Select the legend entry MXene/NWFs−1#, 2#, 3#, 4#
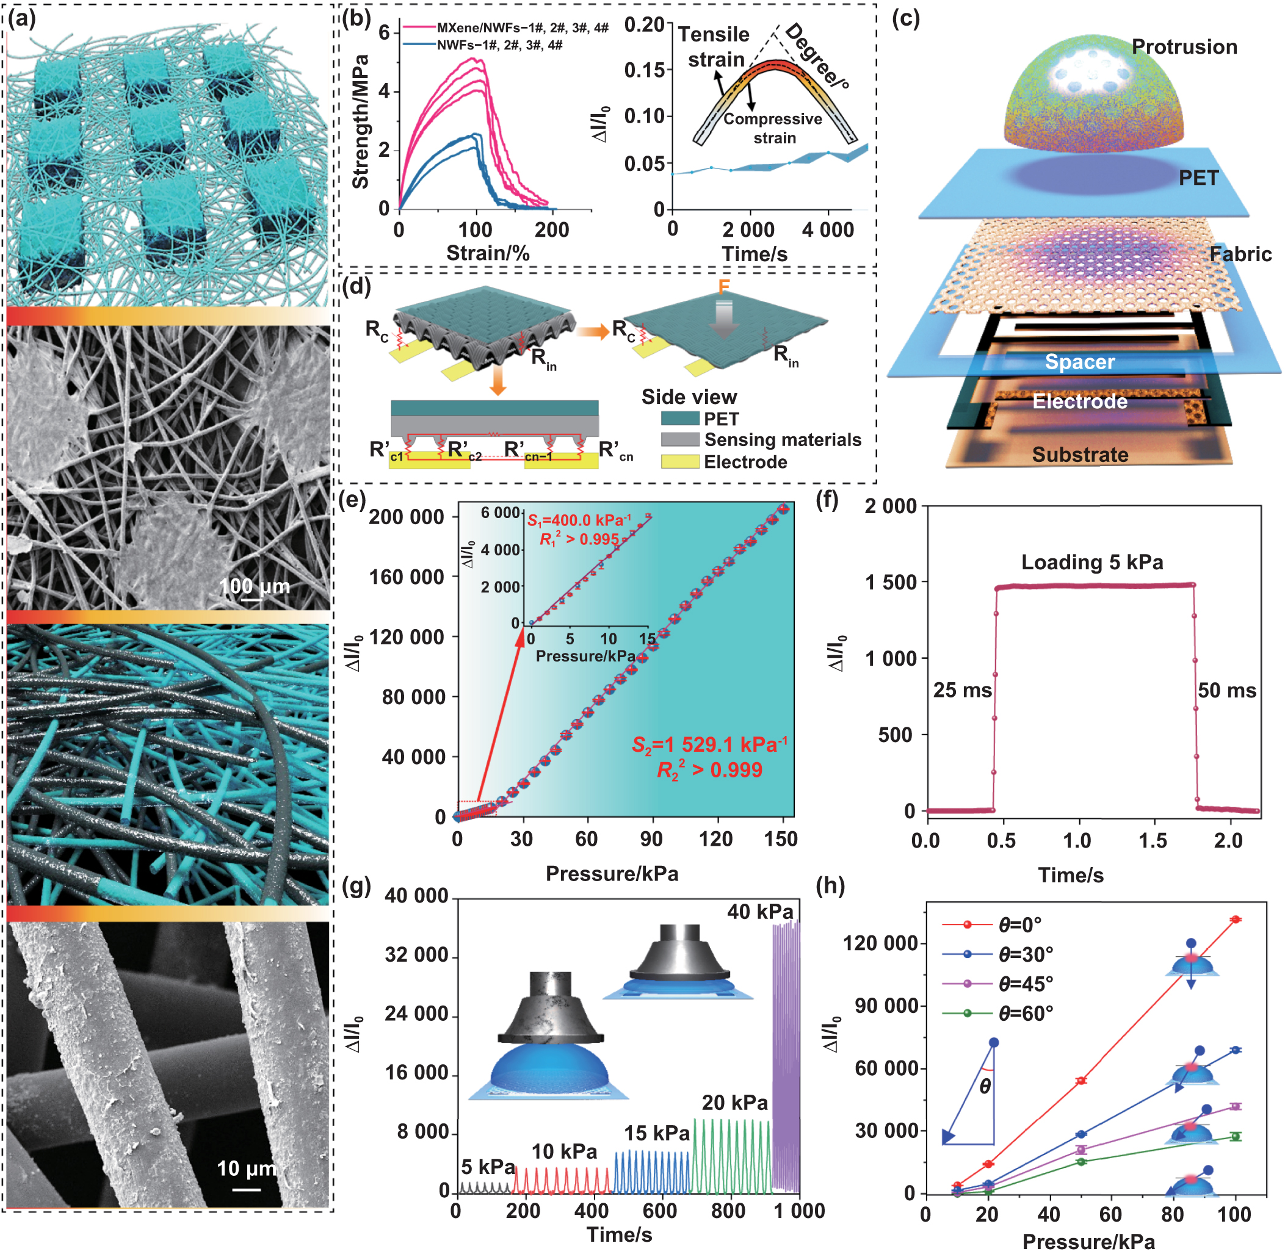(x=522, y=27)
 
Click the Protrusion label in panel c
(x=1184, y=47)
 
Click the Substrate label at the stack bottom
(x=1080, y=454)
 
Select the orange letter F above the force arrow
(x=724, y=287)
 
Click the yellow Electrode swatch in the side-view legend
(x=679, y=461)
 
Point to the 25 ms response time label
(x=962, y=691)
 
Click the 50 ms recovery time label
(x=1226, y=691)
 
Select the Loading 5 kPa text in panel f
(x=1091, y=562)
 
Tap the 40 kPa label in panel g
(x=759, y=912)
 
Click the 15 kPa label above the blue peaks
(x=656, y=1133)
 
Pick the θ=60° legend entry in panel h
(x=1025, y=1013)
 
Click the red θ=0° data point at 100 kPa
(x=1234, y=920)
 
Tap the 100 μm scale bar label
(x=254, y=586)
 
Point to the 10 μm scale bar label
(x=247, y=1169)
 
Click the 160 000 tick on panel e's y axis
(x=406, y=577)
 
